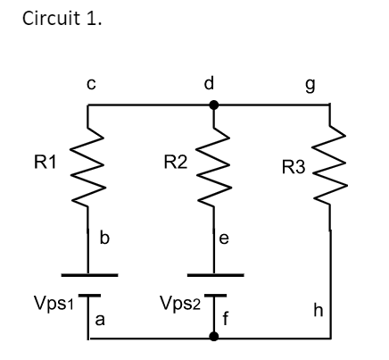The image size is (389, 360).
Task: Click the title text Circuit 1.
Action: coord(63,18)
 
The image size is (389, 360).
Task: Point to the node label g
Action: coord(335,83)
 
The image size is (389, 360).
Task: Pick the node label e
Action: coord(225,239)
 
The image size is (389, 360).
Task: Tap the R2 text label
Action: coord(176,163)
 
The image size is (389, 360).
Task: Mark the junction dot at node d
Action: coord(212,105)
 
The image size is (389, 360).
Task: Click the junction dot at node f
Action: coord(212,338)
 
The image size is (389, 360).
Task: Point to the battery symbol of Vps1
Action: coord(88,285)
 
